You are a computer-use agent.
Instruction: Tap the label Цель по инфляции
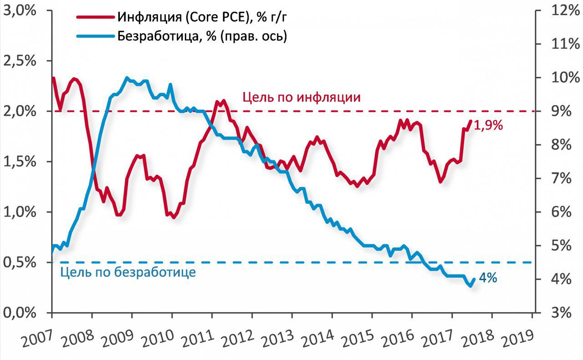click(x=302, y=97)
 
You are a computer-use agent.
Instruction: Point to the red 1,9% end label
click(x=488, y=126)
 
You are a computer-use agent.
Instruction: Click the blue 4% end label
click(x=488, y=278)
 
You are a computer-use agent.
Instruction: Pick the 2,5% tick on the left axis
click(x=20, y=61)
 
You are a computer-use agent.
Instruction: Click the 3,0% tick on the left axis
click(x=20, y=10)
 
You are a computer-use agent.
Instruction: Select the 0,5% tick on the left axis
click(x=20, y=262)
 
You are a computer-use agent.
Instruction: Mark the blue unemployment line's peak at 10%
click(x=127, y=78)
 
